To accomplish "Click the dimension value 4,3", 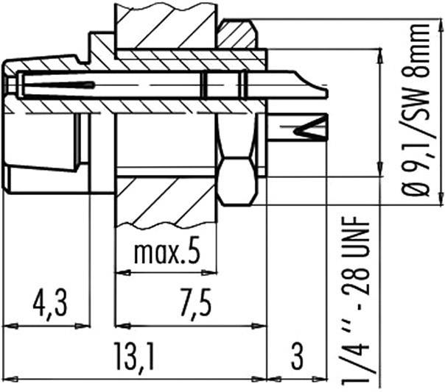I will [45, 302].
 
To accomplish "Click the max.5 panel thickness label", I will [167, 253].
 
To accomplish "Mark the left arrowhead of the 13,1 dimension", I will [7, 379].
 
